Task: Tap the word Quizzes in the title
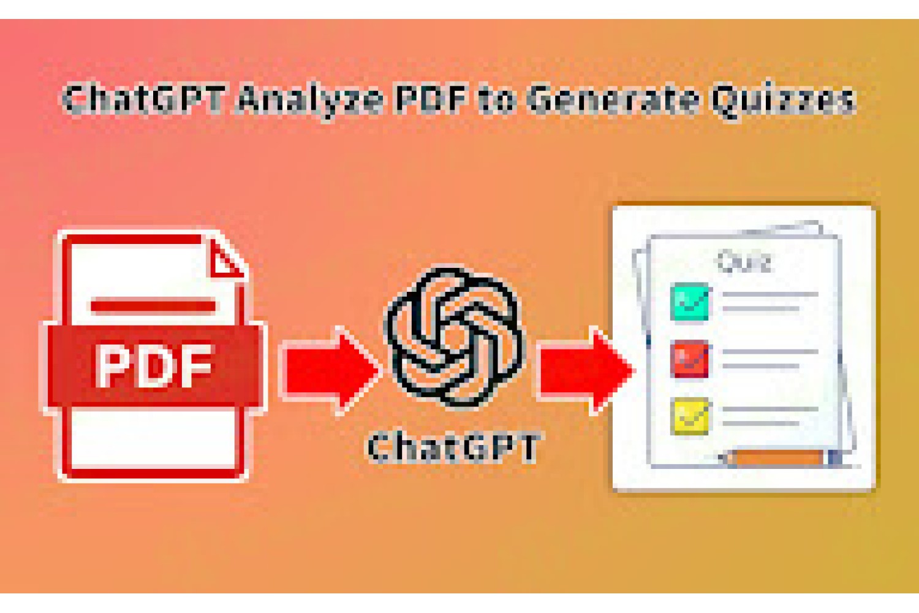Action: click(783, 101)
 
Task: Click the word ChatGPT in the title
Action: click(143, 99)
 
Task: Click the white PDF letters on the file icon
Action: click(154, 366)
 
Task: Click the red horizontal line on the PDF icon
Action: click(153, 306)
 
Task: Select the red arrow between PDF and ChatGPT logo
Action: click(331, 370)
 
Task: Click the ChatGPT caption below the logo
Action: click(453, 448)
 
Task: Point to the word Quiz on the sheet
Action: click(744, 262)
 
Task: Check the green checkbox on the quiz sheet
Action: click(689, 302)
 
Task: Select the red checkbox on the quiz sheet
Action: click(689, 359)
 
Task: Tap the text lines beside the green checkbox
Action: click(770, 301)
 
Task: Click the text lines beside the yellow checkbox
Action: click(770, 416)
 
